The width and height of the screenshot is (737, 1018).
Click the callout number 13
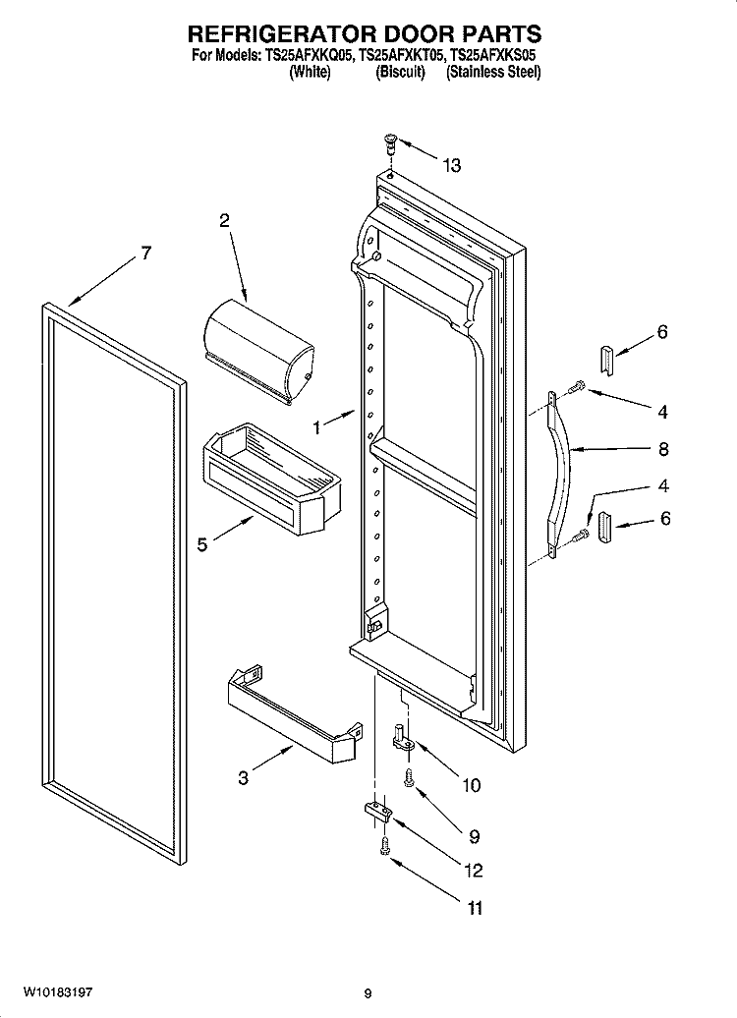tap(452, 166)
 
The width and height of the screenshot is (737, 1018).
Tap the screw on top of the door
tap(390, 142)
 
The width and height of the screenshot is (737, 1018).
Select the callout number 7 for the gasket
tap(146, 253)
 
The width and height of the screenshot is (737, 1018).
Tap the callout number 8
tap(663, 449)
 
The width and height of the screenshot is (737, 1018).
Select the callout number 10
tap(471, 785)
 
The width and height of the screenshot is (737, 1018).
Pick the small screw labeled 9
tap(409, 778)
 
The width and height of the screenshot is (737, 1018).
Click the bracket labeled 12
tap(376, 813)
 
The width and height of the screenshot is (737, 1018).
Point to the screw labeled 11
tap(384, 845)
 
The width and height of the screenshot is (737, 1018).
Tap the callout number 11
tap(476, 908)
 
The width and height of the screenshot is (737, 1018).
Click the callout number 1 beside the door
tap(316, 427)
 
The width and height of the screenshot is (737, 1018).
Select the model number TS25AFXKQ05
tap(310, 56)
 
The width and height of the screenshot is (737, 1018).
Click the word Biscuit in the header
tap(400, 72)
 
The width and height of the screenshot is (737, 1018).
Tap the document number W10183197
tap(58, 992)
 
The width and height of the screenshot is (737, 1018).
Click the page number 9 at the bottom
tap(368, 993)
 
